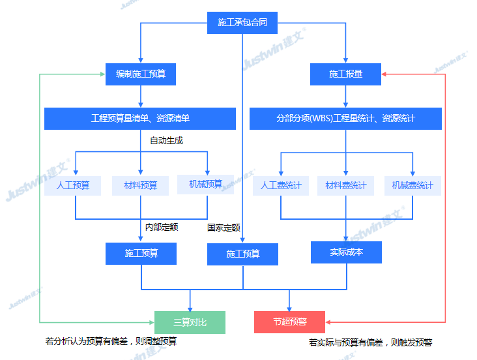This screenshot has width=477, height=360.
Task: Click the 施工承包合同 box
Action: click(x=242, y=23)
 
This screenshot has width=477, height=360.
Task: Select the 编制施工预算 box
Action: click(x=141, y=74)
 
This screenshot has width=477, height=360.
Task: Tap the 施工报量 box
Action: click(x=345, y=74)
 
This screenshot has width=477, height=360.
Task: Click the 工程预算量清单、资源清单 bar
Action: click(x=140, y=119)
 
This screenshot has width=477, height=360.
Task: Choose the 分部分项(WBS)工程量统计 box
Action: click(x=345, y=119)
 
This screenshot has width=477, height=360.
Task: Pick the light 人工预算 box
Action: click(x=73, y=185)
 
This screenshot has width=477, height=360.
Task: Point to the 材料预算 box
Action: click(x=141, y=185)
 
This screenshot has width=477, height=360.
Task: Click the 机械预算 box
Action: click(x=206, y=185)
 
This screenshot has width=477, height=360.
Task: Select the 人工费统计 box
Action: click(x=281, y=185)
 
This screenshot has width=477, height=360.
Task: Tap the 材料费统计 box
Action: click(x=346, y=185)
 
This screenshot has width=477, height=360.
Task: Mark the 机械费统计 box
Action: click(x=412, y=185)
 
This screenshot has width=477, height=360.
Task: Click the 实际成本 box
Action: click(x=346, y=252)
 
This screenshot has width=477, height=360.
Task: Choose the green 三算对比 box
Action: click(x=190, y=322)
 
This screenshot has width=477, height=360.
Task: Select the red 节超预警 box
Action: click(x=289, y=322)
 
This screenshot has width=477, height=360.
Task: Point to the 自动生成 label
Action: click(x=166, y=140)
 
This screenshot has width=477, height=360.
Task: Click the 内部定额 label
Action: click(x=161, y=227)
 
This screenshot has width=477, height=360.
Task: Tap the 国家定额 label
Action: click(x=224, y=228)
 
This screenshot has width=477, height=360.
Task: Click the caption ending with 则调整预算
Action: click(x=111, y=341)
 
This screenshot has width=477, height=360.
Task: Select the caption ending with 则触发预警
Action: click(x=370, y=342)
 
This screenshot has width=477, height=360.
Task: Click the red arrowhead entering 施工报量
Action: click(x=384, y=74)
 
